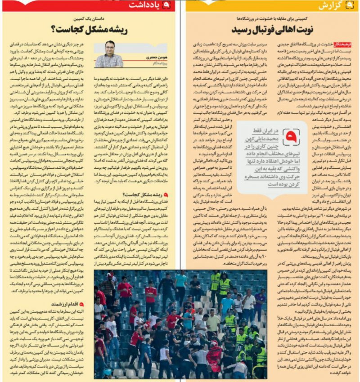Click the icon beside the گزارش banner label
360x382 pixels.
click(352, 5)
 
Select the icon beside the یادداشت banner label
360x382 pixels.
click(167, 5)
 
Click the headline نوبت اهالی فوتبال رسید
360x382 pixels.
click(270, 30)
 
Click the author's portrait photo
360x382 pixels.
click(109, 54)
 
